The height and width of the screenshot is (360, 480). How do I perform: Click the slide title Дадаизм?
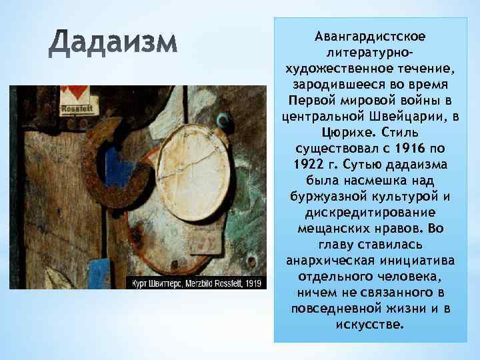tap(115, 45)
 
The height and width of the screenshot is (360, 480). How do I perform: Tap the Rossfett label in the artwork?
tap(75, 108)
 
